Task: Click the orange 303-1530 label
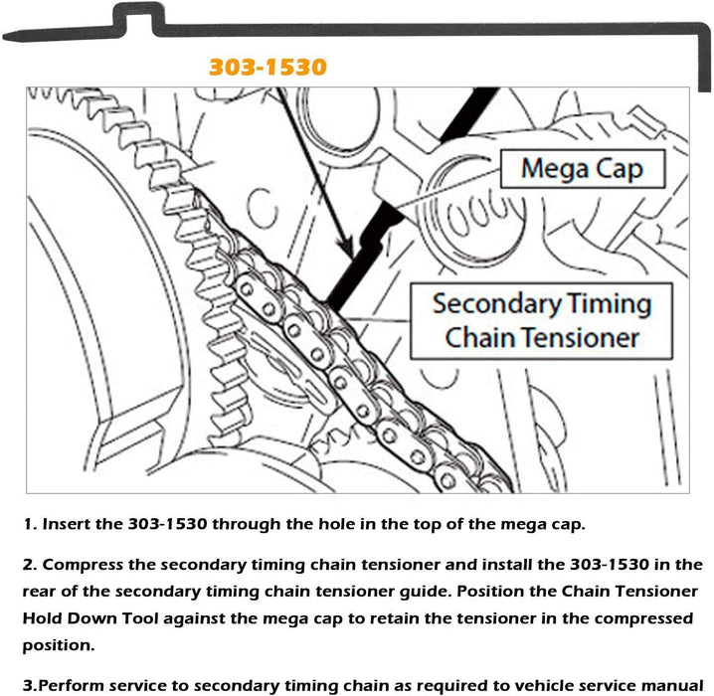268,68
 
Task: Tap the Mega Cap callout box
582,169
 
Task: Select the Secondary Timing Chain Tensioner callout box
541,320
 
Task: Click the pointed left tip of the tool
8,37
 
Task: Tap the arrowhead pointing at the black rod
342,249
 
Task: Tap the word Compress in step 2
91,565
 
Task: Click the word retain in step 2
410,618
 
